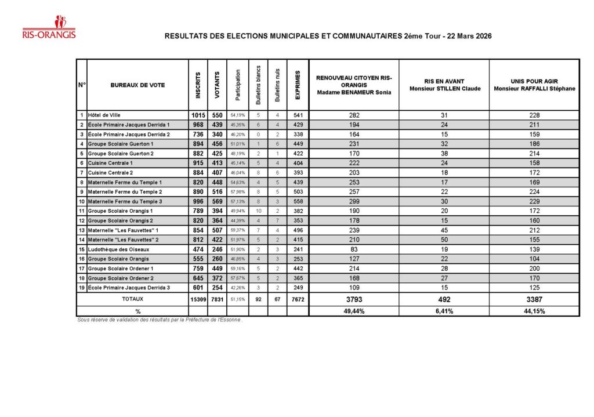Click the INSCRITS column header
coord(198,85)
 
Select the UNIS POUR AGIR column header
coord(534,85)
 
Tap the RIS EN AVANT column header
coord(444,85)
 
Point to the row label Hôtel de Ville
coord(104,115)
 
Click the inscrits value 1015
coord(198,115)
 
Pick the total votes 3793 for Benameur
coord(354,300)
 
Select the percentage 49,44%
coord(354,311)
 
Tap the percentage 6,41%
coord(444,311)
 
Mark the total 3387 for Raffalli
coord(534,300)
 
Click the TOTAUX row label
coord(133,299)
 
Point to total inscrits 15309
coord(198,299)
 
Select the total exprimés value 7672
coord(298,299)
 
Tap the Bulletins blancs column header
coord(258,85)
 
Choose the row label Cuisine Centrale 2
coord(111,173)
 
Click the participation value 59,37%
coord(237,230)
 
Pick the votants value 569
coord(217,201)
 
